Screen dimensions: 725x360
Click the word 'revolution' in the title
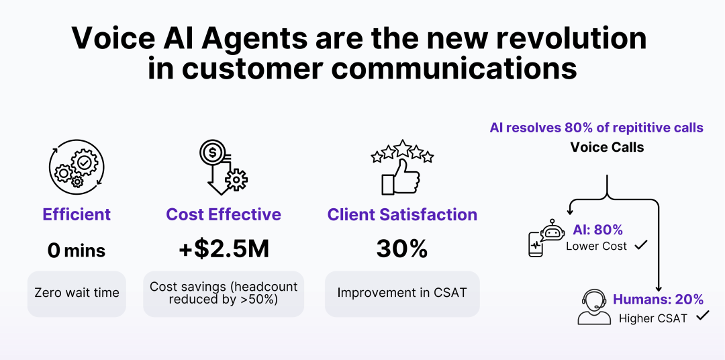tap(571, 38)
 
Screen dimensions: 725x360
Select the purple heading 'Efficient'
tap(77, 214)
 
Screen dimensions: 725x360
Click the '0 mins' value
tap(77, 251)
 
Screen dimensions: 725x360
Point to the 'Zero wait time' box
tap(77, 294)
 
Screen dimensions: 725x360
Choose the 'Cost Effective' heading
tap(224, 214)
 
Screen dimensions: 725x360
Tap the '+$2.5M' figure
tap(224, 250)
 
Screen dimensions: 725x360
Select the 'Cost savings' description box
tap(224, 294)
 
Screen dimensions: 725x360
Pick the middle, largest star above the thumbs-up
tap(403, 148)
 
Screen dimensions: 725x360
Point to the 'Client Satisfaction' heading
tap(402, 214)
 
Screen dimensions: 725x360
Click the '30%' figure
tap(402, 250)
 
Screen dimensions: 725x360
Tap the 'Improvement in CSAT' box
tap(402, 294)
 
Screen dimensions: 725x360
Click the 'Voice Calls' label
tap(607, 147)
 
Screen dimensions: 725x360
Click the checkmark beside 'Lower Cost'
tap(641, 245)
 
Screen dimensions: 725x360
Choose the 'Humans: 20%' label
tap(659, 300)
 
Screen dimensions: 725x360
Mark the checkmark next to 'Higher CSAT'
tap(703, 316)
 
